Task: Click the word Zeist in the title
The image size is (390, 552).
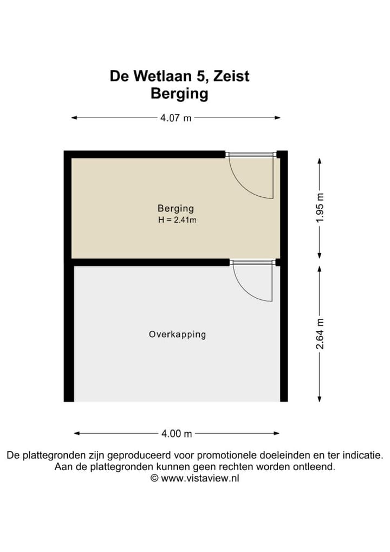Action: point(231,76)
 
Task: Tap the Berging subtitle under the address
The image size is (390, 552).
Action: point(179,93)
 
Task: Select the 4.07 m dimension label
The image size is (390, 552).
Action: point(175,118)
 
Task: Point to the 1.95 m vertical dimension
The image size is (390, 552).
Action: point(320,208)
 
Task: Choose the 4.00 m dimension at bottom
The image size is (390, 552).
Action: point(177,433)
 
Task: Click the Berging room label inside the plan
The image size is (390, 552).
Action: point(175,208)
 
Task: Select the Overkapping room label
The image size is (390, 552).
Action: point(177,335)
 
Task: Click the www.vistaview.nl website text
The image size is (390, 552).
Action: point(200,478)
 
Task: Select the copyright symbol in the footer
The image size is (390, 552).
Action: point(154,478)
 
